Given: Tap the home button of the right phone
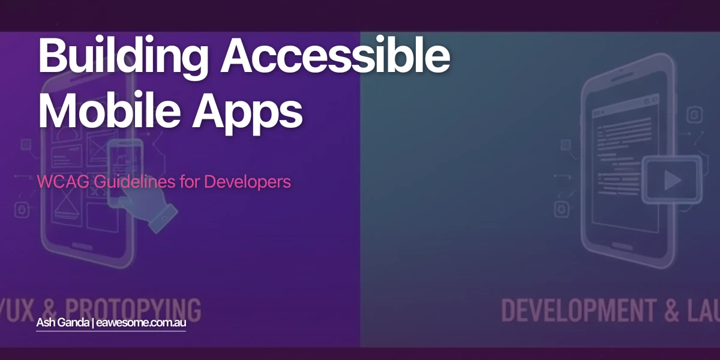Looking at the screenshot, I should coord(631,242).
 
